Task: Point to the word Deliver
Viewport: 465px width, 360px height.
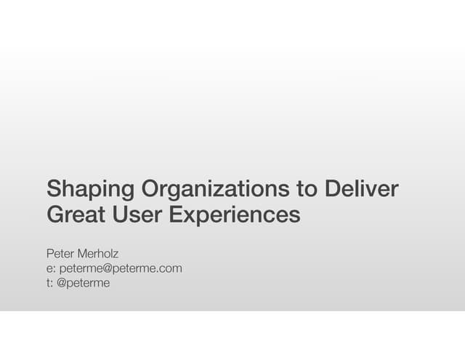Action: click(362, 190)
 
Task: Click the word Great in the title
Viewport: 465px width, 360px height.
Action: click(76, 215)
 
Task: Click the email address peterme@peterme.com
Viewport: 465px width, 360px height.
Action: click(120, 268)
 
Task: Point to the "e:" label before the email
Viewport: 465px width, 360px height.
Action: click(51, 268)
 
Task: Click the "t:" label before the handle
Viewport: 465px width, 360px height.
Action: click(49, 283)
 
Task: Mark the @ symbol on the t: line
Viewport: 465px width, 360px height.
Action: click(62, 283)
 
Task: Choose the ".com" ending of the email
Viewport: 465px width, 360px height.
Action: click(169, 268)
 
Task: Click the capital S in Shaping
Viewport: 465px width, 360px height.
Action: click(53, 190)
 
